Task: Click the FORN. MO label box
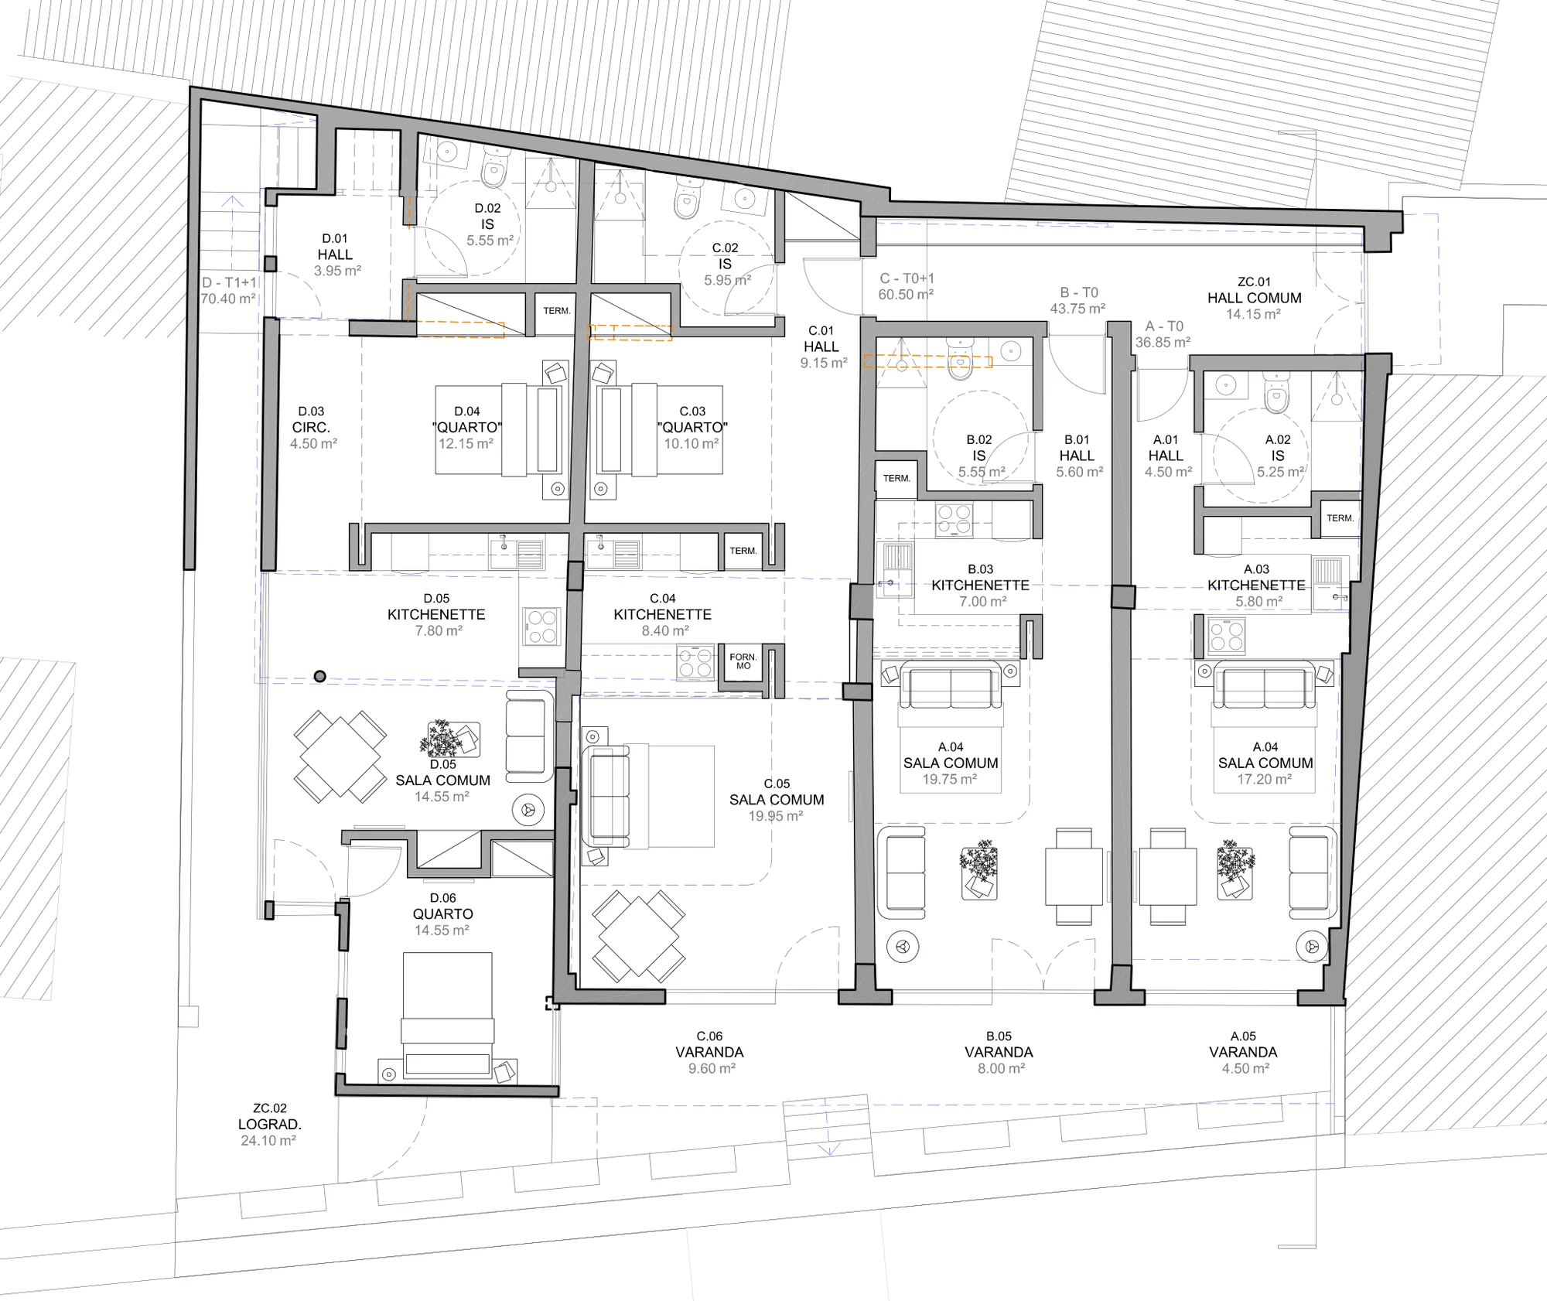click(743, 662)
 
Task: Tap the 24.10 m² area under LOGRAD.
click(268, 1141)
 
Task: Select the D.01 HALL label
click(335, 247)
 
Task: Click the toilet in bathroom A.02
click(1276, 392)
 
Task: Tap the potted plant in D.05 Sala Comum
click(442, 738)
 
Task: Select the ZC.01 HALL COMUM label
click(1254, 290)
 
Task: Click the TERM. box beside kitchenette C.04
click(743, 551)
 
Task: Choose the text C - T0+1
click(907, 278)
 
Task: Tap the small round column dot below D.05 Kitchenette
click(319, 677)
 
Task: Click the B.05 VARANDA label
click(999, 1044)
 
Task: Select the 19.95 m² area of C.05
click(776, 816)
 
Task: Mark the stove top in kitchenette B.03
click(954, 520)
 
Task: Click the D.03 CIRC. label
click(311, 419)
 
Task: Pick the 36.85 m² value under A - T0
click(1163, 342)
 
